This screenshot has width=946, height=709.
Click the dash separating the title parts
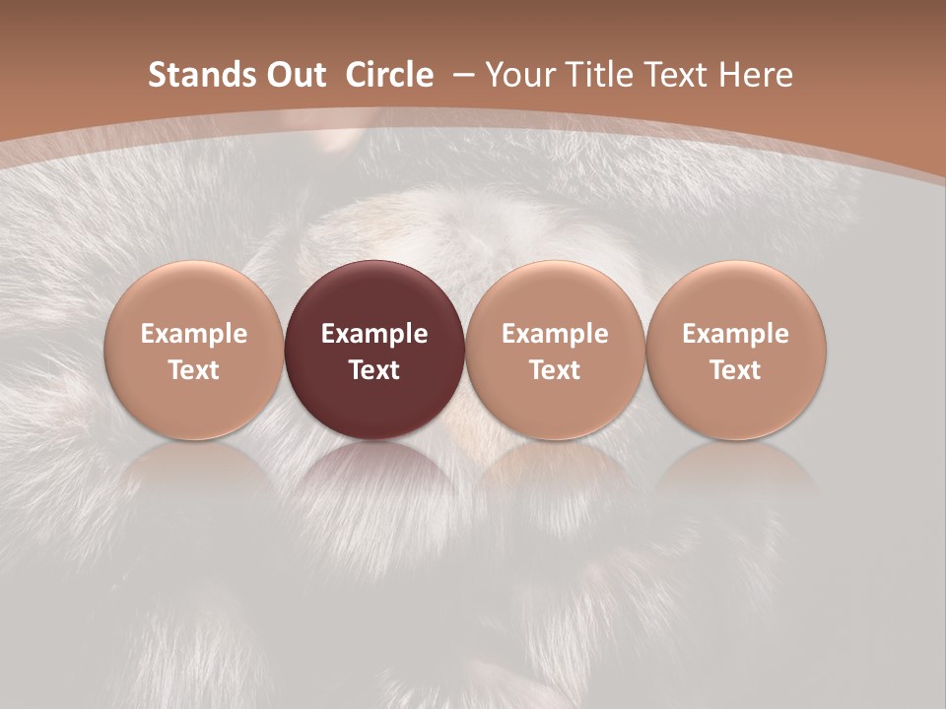click(460, 75)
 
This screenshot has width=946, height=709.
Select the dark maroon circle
click(374, 351)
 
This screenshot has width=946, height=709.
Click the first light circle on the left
click(194, 351)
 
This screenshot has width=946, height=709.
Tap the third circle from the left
click(555, 351)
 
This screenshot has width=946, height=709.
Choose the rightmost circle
click(736, 351)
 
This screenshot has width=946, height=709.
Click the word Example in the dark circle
click(374, 334)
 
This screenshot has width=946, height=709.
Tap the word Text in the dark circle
click(374, 370)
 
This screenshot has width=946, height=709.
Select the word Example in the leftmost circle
click(194, 334)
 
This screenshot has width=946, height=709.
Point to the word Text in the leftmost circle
click(194, 370)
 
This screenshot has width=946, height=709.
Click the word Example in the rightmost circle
click(736, 334)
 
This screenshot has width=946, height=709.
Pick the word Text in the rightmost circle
click(736, 370)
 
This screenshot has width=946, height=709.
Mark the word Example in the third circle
click(555, 334)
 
